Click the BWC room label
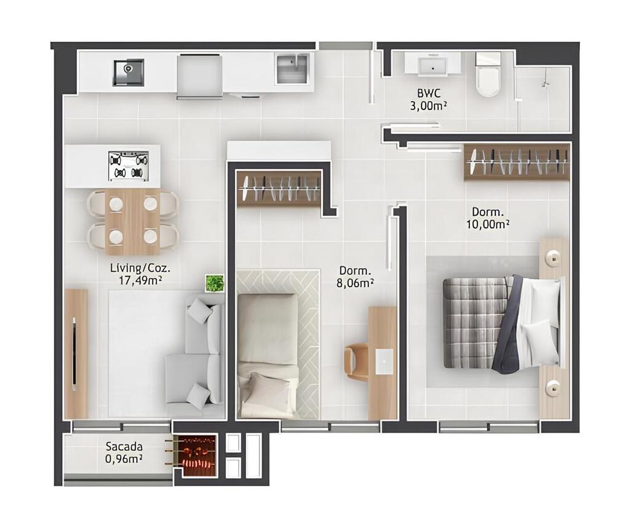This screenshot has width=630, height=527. click(x=429, y=93)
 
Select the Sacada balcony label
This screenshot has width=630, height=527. click(x=124, y=446)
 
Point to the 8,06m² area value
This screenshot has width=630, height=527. click(x=356, y=283)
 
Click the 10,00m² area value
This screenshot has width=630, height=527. click(x=488, y=224)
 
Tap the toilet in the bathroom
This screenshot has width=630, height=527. click(x=488, y=76)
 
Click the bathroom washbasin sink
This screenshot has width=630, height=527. click(x=433, y=66)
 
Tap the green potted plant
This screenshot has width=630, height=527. click(x=215, y=283)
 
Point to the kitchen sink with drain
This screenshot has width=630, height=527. click(x=128, y=73)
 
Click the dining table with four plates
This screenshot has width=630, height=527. click(x=133, y=221)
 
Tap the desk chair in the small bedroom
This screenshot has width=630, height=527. click(x=356, y=362)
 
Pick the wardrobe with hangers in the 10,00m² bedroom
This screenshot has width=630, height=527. click(x=517, y=162)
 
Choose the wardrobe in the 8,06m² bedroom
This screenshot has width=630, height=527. click(x=279, y=188)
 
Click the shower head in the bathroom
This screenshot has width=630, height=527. click(x=546, y=84)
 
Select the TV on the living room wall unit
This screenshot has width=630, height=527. click(x=74, y=354)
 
